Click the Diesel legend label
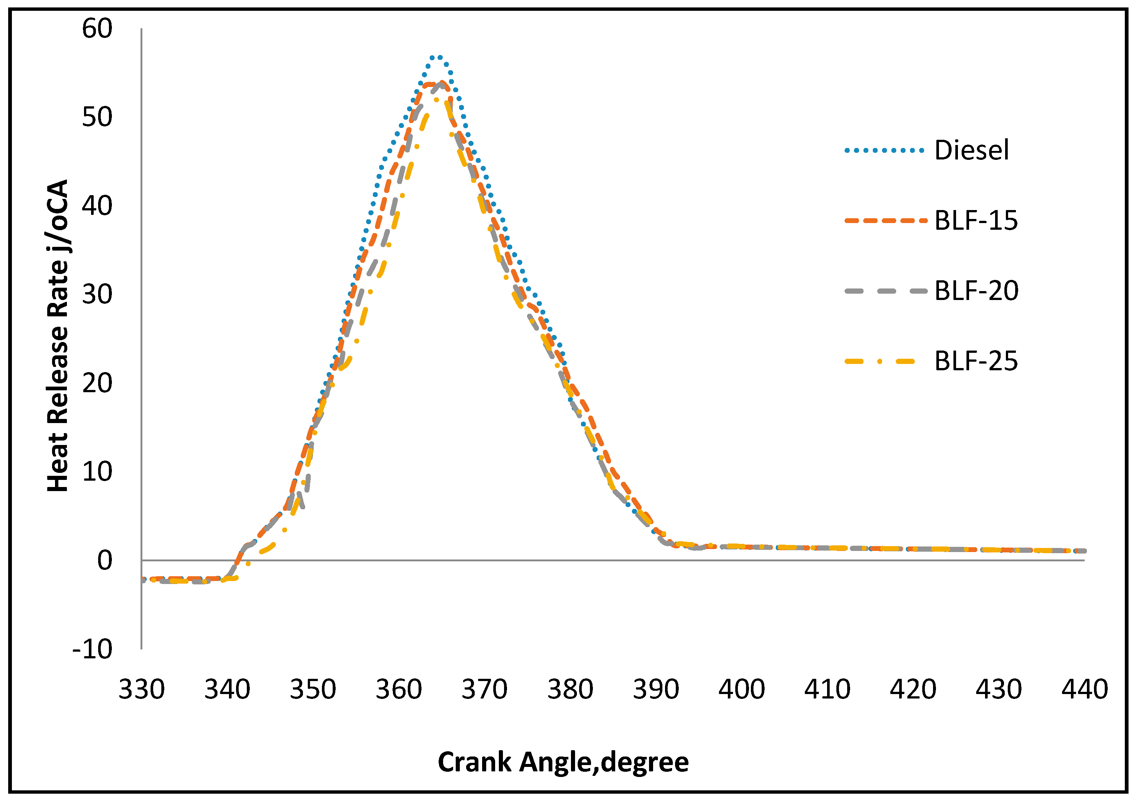coord(971,150)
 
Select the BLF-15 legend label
coord(976,220)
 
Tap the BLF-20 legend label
coord(976,291)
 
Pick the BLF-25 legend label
coord(976,361)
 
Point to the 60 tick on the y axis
coord(97,29)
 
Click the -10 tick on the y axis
coord(92,649)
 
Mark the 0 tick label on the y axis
coord(104,561)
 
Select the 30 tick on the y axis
coord(97,295)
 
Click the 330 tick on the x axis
coord(142,690)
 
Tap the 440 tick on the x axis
coord(1085,690)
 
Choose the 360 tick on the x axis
coord(399,690)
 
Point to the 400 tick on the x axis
coord(742,690)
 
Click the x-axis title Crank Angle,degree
coord(563,762)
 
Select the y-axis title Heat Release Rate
coord(58,336)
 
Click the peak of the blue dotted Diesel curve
coord(437,57)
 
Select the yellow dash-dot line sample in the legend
coord(881,361)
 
